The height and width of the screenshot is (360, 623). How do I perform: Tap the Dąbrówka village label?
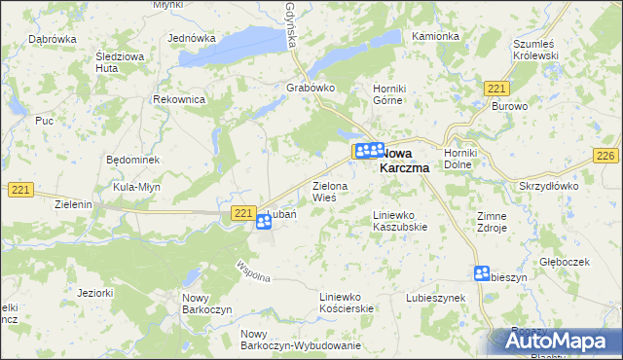[x=53, y=39]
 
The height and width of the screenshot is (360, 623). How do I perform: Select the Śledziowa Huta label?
[x=119, y=62]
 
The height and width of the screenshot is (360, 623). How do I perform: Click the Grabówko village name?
[x=311, y=88]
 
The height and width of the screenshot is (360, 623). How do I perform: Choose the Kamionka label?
[x=434, y=37]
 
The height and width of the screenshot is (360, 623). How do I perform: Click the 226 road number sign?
[x=606, y=157]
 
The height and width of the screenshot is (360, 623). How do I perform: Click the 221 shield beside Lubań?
[x=244, y=212]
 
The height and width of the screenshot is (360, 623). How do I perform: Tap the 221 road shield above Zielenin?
[x=21, y=189]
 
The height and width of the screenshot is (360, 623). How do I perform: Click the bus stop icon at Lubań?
[x=264, y=224]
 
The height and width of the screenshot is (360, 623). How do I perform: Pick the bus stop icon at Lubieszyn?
[x=482, y=273]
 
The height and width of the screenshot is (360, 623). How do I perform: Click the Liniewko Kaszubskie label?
[x=400, y=221]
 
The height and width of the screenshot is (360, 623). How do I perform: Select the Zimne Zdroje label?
[x=492, y=222]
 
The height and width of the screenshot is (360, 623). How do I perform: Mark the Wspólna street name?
[x=253, y=267]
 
